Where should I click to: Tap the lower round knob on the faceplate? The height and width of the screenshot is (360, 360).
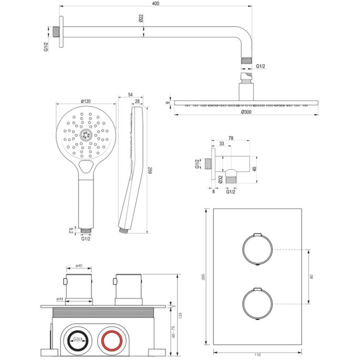257,304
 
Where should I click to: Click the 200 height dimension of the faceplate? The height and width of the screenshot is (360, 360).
204,276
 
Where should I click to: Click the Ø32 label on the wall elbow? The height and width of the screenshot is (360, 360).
220,179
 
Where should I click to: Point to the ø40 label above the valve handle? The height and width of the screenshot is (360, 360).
78,266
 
